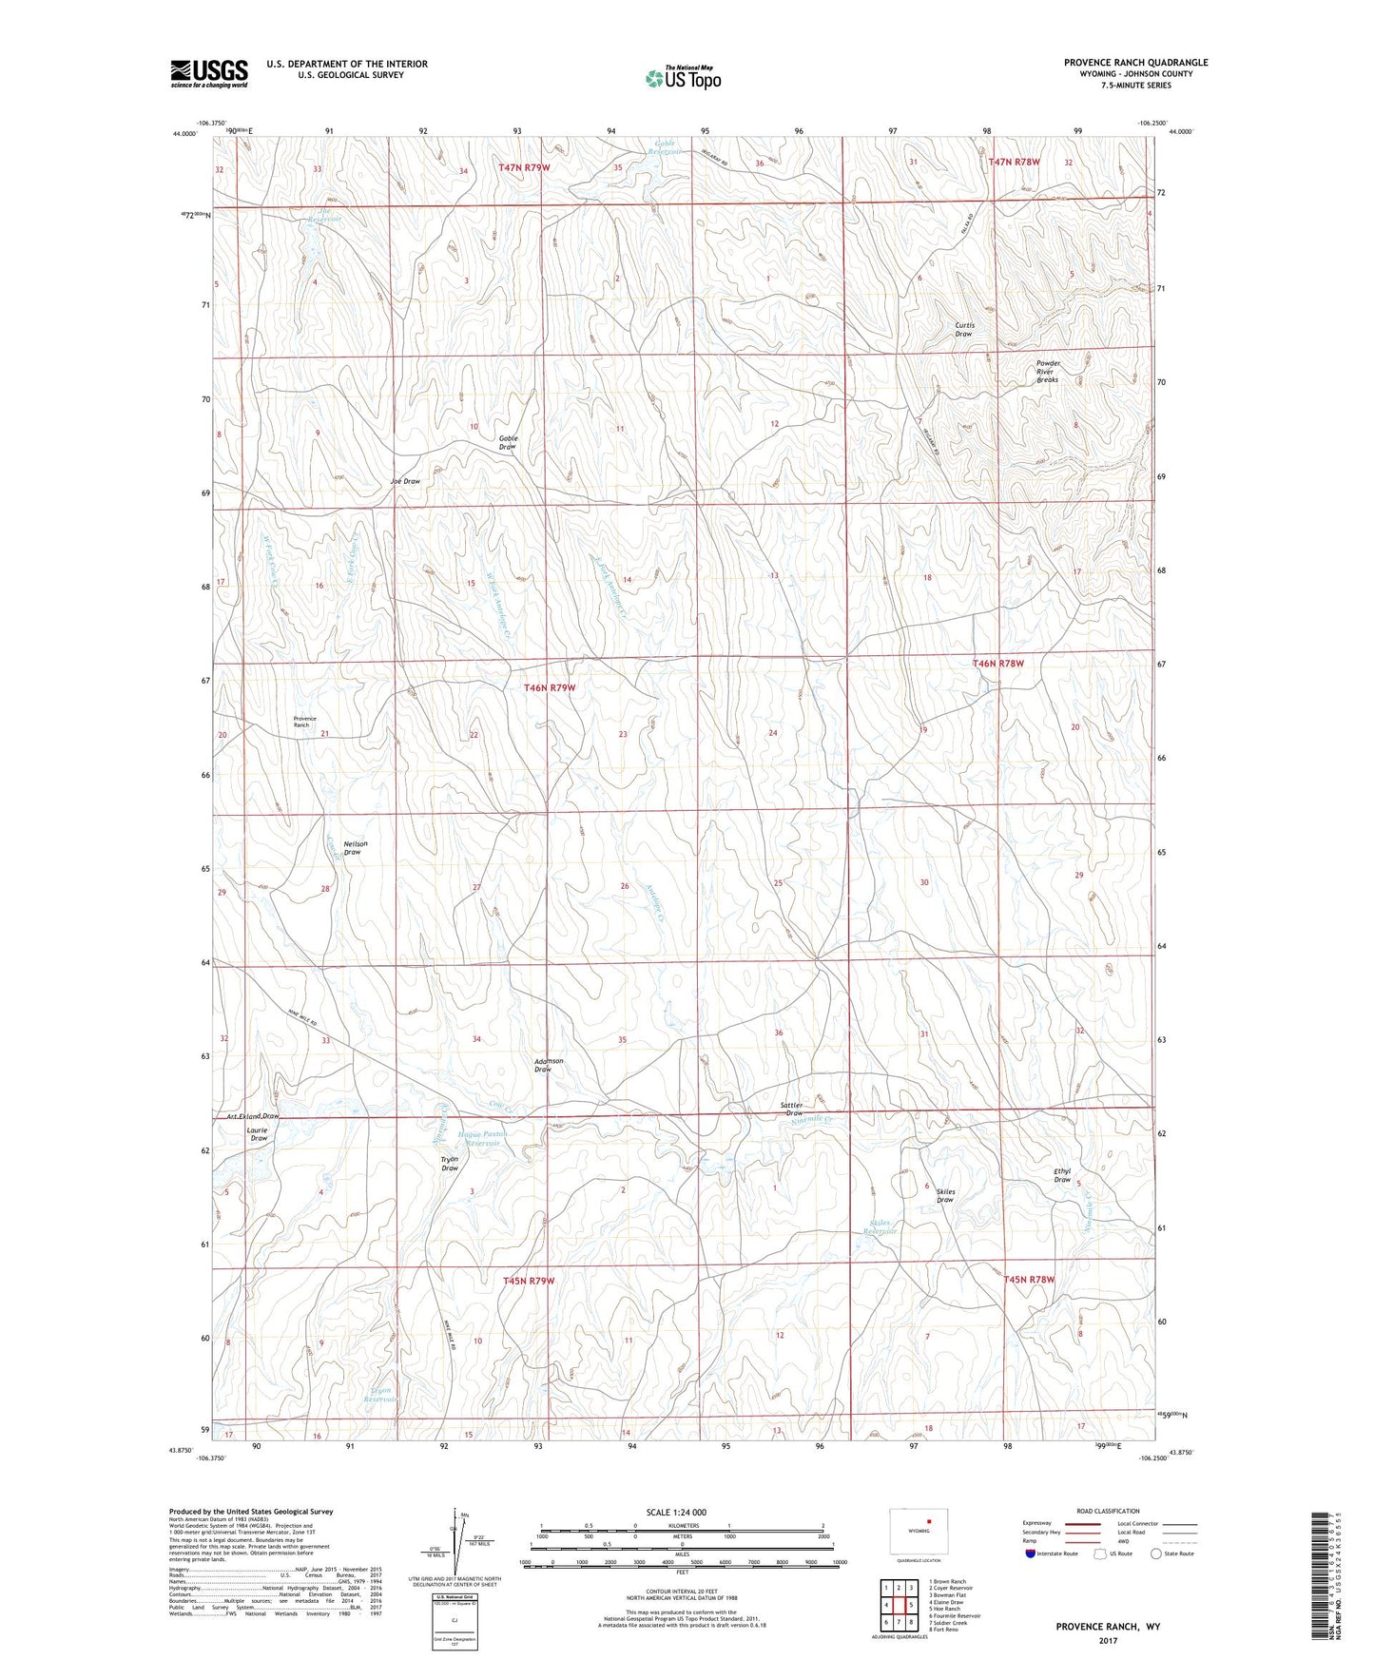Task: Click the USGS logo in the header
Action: (209, 73)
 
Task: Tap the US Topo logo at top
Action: (682, 78)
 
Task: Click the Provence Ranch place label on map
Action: (304, 722)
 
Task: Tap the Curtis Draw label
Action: (963, 329)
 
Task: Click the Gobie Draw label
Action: (508, 442)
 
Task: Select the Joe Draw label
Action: (405, 482)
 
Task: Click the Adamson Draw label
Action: (549, 1065)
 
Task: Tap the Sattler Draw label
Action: (792, 1109)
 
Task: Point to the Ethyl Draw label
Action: (1062, 1175)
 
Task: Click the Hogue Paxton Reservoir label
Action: (482, 1138)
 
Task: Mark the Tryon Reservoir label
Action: (380, 1395)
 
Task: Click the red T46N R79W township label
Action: (550, 687)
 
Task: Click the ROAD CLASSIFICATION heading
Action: (1108, 1512)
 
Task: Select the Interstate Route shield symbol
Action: (1031, 1554)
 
